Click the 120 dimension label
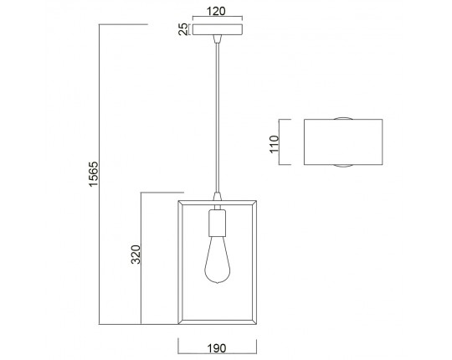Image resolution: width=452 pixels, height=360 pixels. click(216, 11)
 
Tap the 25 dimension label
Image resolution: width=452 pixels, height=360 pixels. click(182, 29)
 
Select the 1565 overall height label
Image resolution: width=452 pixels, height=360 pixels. click(94, 174)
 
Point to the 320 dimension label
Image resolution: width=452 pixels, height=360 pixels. click(136, 255)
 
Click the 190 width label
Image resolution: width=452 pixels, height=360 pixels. click(217, 348)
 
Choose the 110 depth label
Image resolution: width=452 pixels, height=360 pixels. click(275, 144)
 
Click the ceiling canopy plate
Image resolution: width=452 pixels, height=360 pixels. click(218, 29)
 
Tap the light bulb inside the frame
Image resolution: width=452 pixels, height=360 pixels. click(218, 260)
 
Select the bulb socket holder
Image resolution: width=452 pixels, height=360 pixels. click(218, 223)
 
